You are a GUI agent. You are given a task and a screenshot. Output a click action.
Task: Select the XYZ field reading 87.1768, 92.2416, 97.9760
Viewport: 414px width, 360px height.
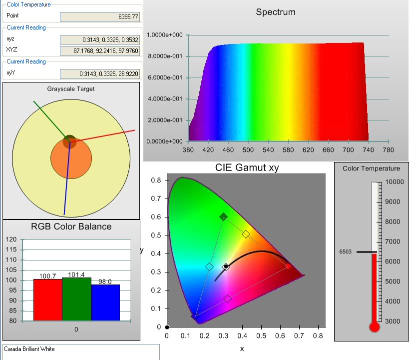tap(99, 50)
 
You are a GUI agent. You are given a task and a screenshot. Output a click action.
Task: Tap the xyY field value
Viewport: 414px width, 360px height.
tap(99, 74)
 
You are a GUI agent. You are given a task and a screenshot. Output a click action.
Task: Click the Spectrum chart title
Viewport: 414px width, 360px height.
tap(275, 12)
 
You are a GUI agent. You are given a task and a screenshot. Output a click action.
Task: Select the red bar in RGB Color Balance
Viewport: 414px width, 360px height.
tap(47, 299)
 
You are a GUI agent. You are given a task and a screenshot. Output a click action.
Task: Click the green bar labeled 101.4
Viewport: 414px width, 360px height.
tap(76, 299)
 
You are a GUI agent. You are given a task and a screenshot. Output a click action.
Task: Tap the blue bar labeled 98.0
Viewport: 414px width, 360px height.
tap(105, 302)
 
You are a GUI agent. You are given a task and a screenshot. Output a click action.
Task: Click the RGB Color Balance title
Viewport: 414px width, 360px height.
tap(71, 226)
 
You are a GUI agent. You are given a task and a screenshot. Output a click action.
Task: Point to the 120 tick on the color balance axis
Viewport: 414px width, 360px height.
tap(11, 239)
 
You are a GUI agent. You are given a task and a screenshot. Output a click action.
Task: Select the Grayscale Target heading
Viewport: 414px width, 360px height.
tap(71, 89)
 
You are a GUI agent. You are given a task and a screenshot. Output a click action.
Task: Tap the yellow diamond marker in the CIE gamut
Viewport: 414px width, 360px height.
tap(246, 234)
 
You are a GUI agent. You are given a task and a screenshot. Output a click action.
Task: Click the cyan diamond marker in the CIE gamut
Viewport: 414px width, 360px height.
tap(210, 267)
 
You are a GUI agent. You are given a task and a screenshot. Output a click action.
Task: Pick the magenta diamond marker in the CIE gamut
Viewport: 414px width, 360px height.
tap(227, 298)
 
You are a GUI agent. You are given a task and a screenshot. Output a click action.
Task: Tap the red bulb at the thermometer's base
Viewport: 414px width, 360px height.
tap(374, 327)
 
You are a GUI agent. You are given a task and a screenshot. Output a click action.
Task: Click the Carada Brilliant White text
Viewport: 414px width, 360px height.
tap(29, 349)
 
